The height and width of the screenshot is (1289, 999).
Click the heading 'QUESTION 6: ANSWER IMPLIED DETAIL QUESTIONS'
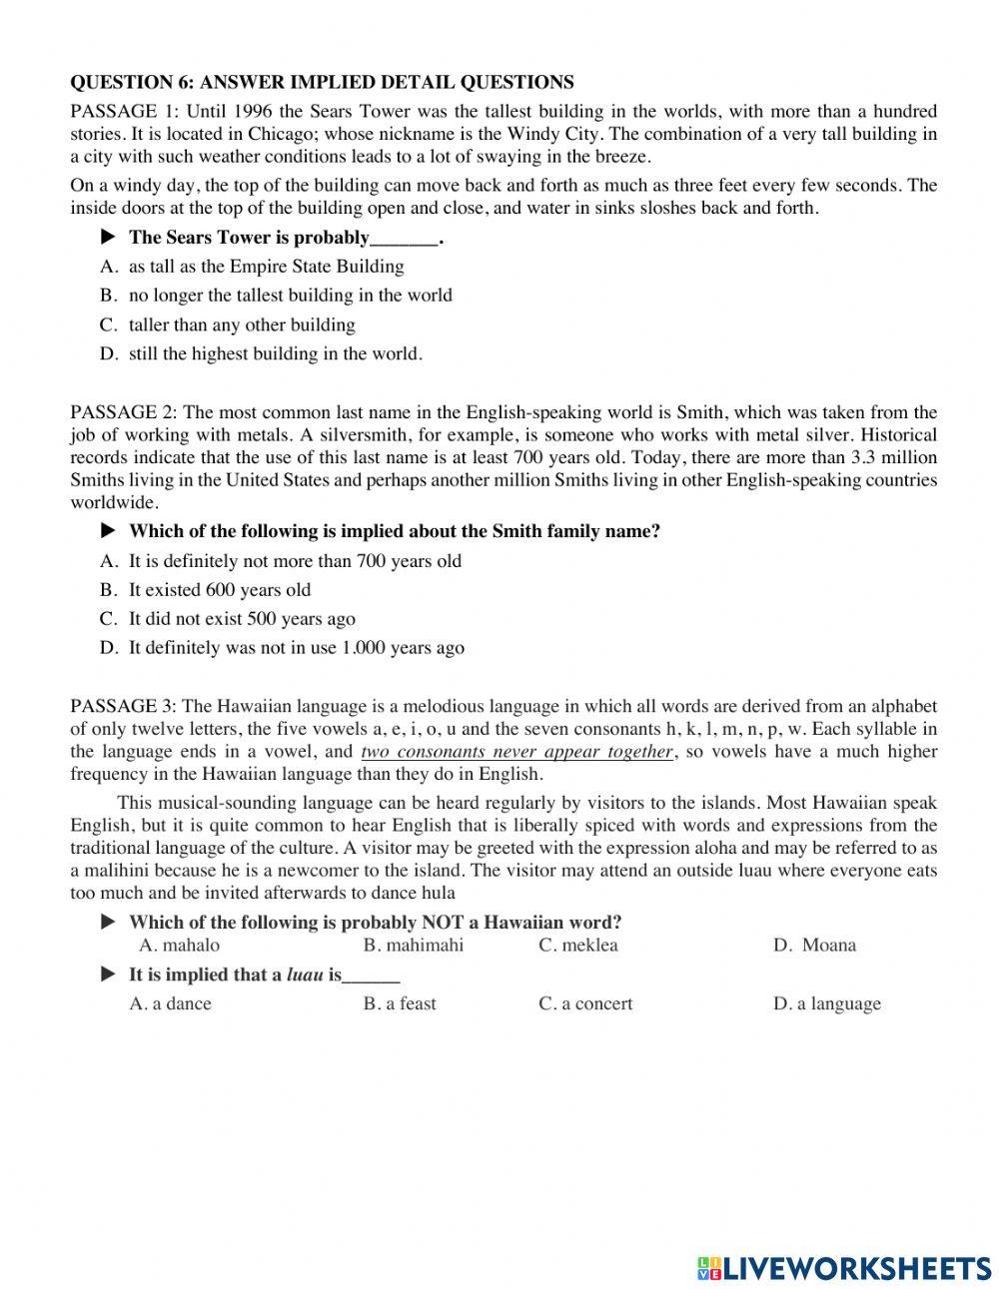pos(322,82)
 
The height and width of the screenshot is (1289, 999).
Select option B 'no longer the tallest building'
pos(290,296)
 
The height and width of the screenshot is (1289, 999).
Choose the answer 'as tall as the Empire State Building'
pos(266,267)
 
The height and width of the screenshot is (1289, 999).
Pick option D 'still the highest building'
pos(275,353)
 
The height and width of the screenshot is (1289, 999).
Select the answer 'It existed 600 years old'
pos(219,590)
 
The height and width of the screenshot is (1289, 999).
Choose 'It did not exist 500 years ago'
pos(242,619)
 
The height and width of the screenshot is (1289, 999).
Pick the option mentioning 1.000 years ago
pos(296,648)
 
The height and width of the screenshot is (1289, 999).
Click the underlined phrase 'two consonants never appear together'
pos(517,752)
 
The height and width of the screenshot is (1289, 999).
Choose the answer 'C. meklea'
pos(578,946)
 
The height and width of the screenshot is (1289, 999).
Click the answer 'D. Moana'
pos(814,946)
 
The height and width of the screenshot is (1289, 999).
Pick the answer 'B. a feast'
pos(400,1004)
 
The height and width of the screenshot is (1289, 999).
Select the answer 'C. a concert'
pos(585,1004)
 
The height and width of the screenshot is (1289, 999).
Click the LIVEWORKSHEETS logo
pos(844,1267)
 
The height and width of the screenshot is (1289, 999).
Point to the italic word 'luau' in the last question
pos(304,975)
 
